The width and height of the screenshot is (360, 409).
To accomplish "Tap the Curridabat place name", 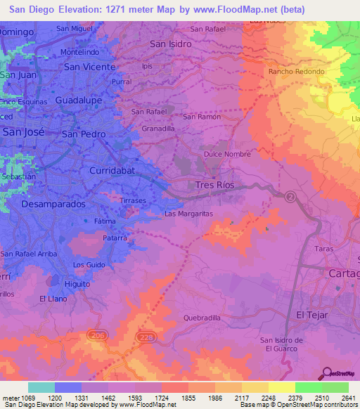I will tap(114, 171).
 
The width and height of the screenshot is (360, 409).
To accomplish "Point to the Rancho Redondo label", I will tap(295, 72).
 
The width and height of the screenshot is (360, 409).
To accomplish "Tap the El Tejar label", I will tap(312, 315).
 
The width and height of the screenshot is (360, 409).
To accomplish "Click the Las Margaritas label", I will tap(188, 214).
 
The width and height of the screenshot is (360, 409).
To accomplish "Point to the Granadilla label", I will tap(158, 129).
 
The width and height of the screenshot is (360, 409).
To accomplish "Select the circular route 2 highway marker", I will tap(290, 197).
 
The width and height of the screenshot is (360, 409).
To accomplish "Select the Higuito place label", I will tap(77, 284).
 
